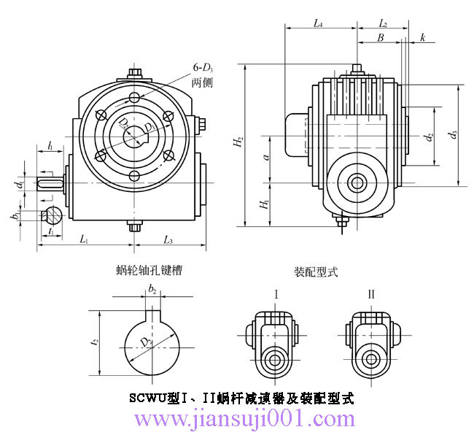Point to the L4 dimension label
(318, 23)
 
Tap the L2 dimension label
(383, 23)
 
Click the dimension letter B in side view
(380, 37)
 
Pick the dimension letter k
(423, 37)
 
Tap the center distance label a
(267, 156)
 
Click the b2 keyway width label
(152, 290)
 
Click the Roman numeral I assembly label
(276, 294)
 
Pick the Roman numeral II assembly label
(371, 294)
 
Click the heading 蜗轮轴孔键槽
(149, 270)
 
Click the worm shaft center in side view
(357, 182)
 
